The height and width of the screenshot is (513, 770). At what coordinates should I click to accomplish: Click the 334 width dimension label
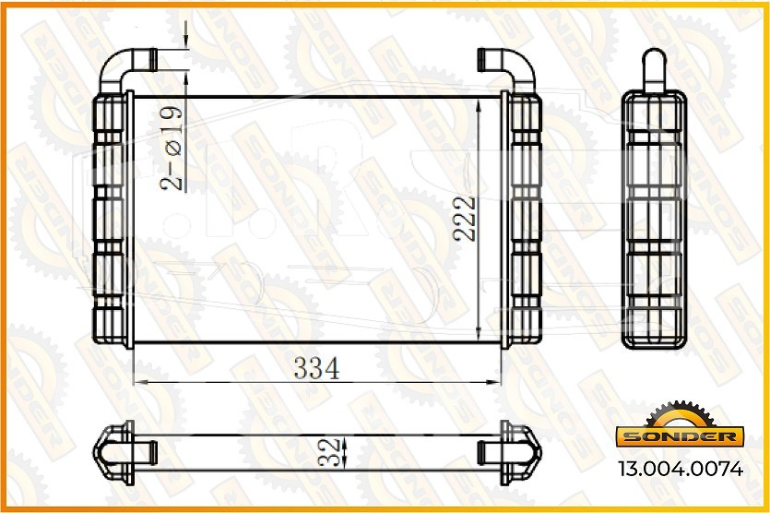pos(316,368)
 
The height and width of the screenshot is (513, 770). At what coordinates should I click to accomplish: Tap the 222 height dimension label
pos(465,219)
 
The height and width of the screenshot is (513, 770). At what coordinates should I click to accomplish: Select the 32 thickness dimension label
pos(328,452)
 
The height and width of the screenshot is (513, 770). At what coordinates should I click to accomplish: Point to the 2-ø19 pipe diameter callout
pos(171,148)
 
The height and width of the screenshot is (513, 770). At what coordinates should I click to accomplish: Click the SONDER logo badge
pos(681,435)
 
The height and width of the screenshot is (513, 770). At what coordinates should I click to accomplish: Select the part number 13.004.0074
pos(681,469)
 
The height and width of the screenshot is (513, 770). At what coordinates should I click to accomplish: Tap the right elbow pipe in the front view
pos(507,69)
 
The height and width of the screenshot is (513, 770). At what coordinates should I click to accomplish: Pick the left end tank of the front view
pos(113,220)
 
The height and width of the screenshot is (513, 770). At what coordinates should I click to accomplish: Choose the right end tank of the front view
pos(522,220)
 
